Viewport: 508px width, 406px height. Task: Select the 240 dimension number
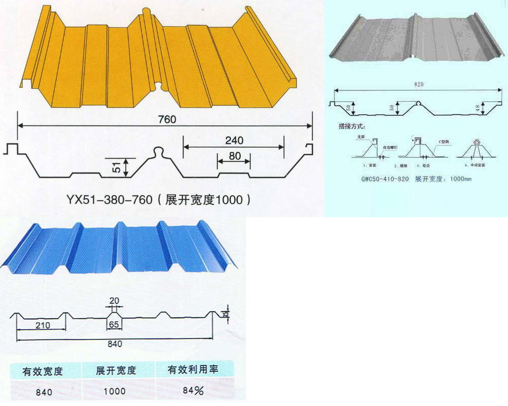coord(234,140)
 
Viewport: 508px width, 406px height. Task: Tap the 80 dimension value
coord(234,156)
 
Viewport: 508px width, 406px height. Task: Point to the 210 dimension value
coord(43,325)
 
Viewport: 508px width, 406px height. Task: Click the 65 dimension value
coord(114,325)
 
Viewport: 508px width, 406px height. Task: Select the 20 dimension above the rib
coord(114,299)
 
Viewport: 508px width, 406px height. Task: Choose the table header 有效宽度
coord(43,371)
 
